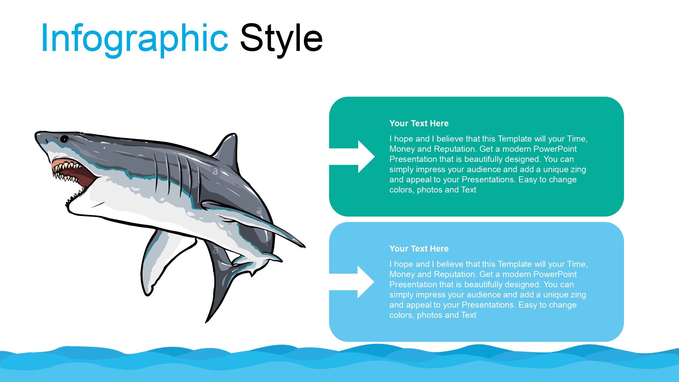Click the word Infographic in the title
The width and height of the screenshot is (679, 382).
click(x=134, y=38)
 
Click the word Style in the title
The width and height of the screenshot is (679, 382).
click(x=281, y=38)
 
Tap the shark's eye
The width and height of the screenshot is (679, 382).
click(x=64, y=139)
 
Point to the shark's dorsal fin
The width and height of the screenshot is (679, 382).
click(x=226, y=149)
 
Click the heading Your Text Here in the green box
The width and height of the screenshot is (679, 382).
click(x=419, y=123)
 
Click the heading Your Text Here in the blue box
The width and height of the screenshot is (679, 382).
click(x=419, y=249)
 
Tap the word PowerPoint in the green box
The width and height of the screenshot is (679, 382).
click(x=555, y=149)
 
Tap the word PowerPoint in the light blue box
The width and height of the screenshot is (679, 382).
click(x=555, y=274)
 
